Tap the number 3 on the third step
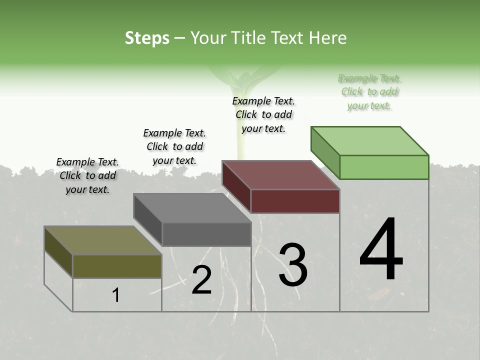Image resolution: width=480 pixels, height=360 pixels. [292, 265]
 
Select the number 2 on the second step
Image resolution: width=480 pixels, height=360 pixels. [201, 280]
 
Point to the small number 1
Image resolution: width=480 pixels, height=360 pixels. [116, 295]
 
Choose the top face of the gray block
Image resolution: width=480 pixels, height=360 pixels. [192, 208]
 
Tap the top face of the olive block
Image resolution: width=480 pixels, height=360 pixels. [103, 240]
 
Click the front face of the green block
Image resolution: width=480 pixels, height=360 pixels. [384, 167]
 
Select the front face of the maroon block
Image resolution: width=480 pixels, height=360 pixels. [295, 201]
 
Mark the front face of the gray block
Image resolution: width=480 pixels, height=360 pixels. [206, 234]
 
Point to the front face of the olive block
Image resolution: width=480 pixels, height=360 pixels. [117, 266]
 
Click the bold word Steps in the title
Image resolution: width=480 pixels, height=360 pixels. [147, 38]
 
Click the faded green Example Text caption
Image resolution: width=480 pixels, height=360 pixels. [369, 92]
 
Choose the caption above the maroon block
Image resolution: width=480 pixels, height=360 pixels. [263, 114]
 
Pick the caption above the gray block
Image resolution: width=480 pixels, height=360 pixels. [174, 146]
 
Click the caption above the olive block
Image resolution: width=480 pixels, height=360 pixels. [87, 175]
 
